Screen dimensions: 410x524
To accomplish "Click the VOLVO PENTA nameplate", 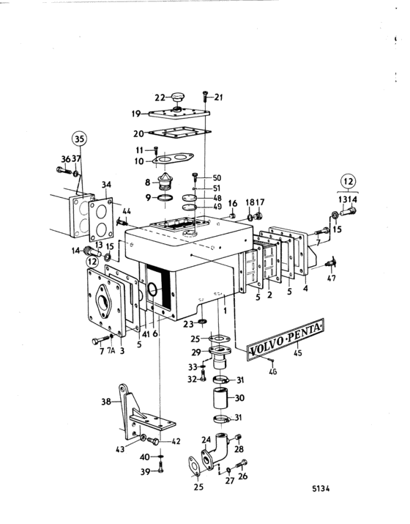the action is point(285,339).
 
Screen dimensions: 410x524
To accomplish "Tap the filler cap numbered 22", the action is point(178,97).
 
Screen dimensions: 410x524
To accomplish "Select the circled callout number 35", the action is point(79,139).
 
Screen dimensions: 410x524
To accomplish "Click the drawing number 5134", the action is point(321,489).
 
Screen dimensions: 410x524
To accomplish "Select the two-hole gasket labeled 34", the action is point(101,220).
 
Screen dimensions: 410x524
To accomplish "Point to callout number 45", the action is point(297,353).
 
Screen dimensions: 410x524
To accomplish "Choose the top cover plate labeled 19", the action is point(179,114).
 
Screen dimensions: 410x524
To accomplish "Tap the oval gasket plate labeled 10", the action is point(173,158).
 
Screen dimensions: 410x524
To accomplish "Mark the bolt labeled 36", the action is point(64,171).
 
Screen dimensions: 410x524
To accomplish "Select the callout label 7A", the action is point(111,350).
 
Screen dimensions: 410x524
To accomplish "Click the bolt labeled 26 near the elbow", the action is point(242,465).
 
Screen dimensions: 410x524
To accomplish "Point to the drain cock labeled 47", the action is point(330,263).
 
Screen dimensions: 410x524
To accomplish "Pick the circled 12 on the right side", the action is point(348,182).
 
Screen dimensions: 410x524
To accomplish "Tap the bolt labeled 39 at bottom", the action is point(160,467).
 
